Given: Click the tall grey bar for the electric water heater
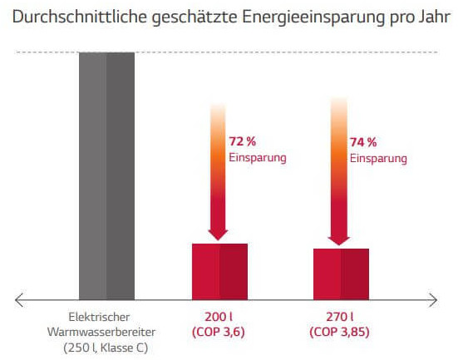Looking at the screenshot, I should coord(106,175).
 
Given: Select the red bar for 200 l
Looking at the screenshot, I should coord(219,270).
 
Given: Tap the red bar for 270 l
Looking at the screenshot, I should coord(341,273).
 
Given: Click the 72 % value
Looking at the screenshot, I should coord(244,141).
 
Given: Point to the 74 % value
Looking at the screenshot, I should coord(363,142).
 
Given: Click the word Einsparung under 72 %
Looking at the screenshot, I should coord(259,156).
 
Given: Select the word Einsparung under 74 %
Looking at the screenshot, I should coord(378,158).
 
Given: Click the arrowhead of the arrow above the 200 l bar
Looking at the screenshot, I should coord(219,232).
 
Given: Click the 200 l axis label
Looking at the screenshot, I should coord(219,317).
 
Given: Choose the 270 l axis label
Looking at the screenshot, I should coord(341,317).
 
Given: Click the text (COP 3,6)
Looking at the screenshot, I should coord(219,332).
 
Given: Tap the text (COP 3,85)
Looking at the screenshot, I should coord(341,332).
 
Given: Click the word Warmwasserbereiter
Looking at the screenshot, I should coord(106,332).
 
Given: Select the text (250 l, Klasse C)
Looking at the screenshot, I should coord(106,348).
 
